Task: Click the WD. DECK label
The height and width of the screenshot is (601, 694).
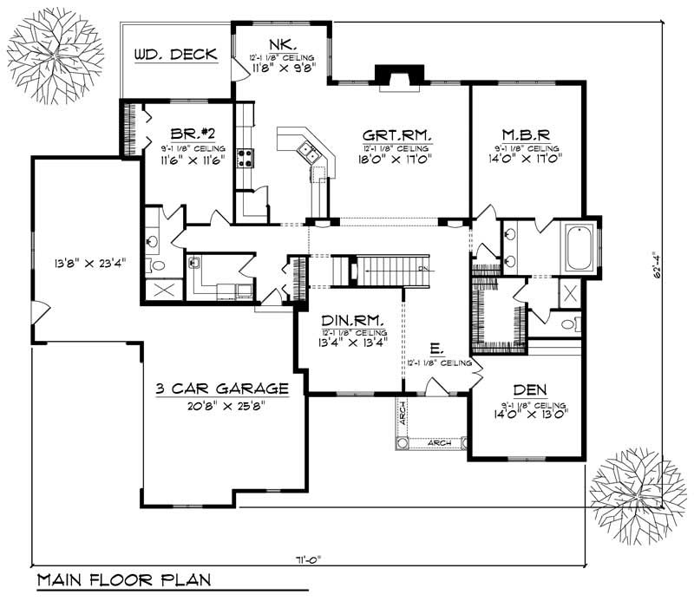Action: click(176, 55)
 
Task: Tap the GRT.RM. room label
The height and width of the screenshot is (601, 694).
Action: click(396, 135)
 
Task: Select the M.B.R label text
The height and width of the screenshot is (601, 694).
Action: click(526, 135)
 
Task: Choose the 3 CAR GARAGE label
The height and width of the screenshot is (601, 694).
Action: click(223, 389)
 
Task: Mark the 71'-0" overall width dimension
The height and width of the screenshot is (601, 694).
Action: click(306, 559)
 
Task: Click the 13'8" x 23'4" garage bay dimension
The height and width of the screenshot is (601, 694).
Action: click(85, 261)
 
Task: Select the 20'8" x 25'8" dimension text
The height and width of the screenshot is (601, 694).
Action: click(223, 404)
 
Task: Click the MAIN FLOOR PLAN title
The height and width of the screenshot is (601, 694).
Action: click(123, 580)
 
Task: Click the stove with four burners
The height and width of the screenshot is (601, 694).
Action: click(245, 158)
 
